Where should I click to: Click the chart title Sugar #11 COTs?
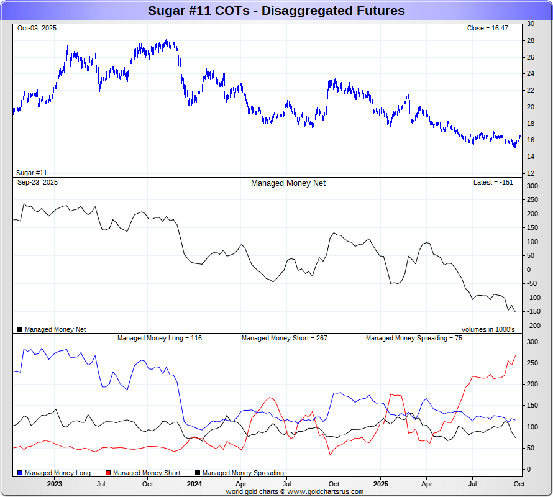276,11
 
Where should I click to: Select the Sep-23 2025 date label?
38,183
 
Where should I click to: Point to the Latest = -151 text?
493,183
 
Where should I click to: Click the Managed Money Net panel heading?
288,183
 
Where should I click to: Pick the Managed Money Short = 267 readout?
284,339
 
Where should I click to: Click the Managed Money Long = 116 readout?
160,339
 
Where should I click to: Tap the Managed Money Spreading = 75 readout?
414,339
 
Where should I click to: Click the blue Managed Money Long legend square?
21,473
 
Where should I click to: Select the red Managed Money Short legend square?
109,473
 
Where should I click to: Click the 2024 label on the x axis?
194,484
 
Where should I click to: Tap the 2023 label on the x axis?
55,484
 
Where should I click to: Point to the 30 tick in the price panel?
531,24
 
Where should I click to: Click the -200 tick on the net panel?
532,326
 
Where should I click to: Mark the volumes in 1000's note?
488,329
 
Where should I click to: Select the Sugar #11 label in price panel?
32,173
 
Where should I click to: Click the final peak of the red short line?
515,356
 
